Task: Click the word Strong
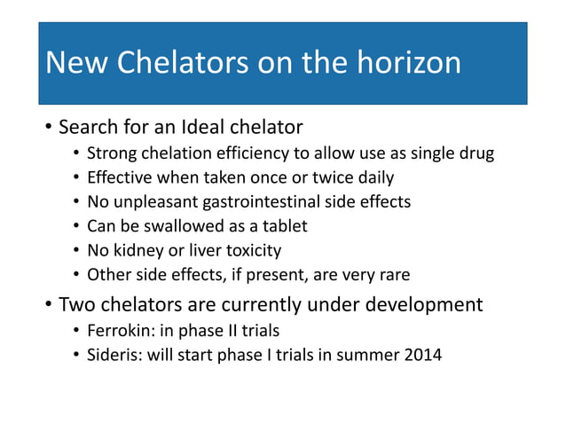pos(112,153)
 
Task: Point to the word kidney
pos(135,251)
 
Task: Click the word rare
pos(393,275)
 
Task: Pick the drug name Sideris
pos(114,357)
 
